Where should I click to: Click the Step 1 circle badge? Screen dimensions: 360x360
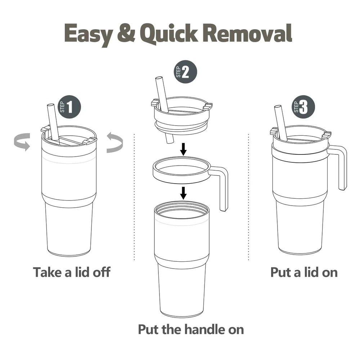69,107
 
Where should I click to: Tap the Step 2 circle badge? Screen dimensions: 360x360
185,72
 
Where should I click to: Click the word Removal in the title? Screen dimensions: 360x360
248,33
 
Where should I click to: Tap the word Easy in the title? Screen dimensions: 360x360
89,35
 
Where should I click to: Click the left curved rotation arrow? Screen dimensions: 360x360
22,142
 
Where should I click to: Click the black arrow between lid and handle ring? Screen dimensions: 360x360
183,149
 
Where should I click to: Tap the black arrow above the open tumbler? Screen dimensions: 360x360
183,193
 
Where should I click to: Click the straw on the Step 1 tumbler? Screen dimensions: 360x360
54,124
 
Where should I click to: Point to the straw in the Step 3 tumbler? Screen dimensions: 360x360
281,123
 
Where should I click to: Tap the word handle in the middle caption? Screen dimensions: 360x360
205,329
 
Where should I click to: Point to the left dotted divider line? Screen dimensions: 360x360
134,197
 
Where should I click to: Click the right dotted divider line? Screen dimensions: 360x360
249,197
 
